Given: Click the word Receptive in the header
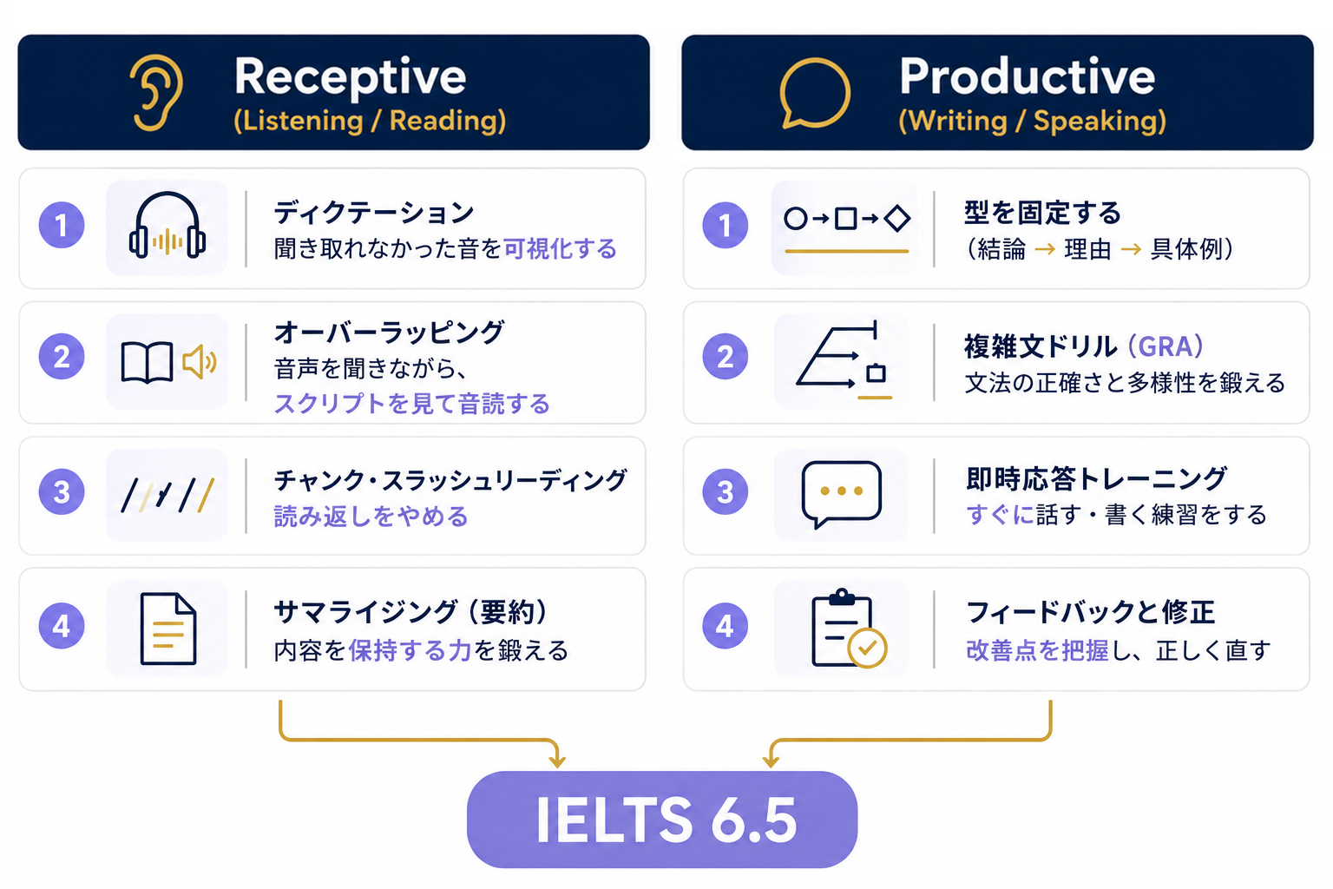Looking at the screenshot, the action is pyautogui.click(x=350, y=77).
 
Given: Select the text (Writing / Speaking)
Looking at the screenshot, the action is pyautogui.click(x=1032, y=121).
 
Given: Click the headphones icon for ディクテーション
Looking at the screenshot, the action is pyautogui.click(x=167, y=225).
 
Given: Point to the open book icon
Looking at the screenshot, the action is pyautogui.click(x=147, y=362).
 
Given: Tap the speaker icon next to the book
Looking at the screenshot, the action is pyautogui.click(x=200, y=361).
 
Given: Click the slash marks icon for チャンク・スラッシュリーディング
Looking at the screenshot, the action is pyautogui.click(x=167, y=494).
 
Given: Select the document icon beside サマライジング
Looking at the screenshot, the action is pyautogui.click(x=167, y=629).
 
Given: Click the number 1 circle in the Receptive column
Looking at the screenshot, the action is pyautogui.click(x=62, y=225).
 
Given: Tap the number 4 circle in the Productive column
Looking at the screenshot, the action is pyautogui.click(x=725, y=626).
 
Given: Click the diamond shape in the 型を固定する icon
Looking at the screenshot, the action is pyautogui.click(x=896, y=219).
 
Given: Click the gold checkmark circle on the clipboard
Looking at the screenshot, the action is pyautogui.click(x=867, y=649).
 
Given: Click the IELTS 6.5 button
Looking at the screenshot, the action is pyautogui.click(x=662, y=820).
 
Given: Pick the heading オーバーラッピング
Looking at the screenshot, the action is pyautogui.click(x=389, y=333).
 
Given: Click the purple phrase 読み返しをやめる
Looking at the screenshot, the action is pyautogui.click(x=371, y=516).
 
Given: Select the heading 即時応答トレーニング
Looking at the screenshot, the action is pyautogui.click(x=1096, y=478).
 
